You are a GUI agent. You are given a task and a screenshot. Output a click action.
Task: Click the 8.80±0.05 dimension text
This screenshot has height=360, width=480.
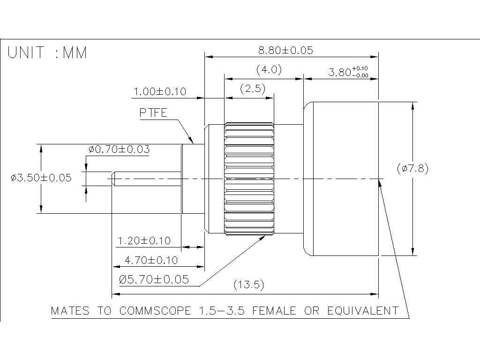click(285, 50)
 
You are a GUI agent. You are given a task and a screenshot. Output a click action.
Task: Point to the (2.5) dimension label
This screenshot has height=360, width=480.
click(253, 89)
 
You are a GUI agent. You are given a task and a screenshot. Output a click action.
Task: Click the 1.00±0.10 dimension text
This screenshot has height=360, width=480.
click(160, 91)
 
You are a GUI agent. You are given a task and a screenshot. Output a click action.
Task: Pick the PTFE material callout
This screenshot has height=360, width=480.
click(153, 113)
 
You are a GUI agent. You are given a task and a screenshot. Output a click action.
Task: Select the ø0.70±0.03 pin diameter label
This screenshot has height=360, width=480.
click(119, 150)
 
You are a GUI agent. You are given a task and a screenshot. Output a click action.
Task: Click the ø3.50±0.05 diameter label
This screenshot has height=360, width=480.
click(41, 178)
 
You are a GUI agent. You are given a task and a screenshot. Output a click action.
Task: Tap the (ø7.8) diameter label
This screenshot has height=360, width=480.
click(412, 168)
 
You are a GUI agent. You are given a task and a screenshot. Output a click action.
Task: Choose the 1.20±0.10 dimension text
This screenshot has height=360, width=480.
click(144, 241)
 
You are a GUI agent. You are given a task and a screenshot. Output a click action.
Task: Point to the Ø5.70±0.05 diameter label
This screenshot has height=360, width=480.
click(154, 280)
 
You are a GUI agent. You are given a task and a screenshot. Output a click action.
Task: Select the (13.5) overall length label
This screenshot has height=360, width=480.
click(250, 285)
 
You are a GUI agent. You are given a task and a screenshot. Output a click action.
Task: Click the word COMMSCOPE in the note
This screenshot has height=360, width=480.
click(155, 311)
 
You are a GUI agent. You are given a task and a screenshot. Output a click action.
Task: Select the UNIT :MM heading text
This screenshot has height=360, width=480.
click(47, 53)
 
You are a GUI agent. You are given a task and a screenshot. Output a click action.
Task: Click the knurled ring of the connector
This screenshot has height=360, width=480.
click(249, 178)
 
